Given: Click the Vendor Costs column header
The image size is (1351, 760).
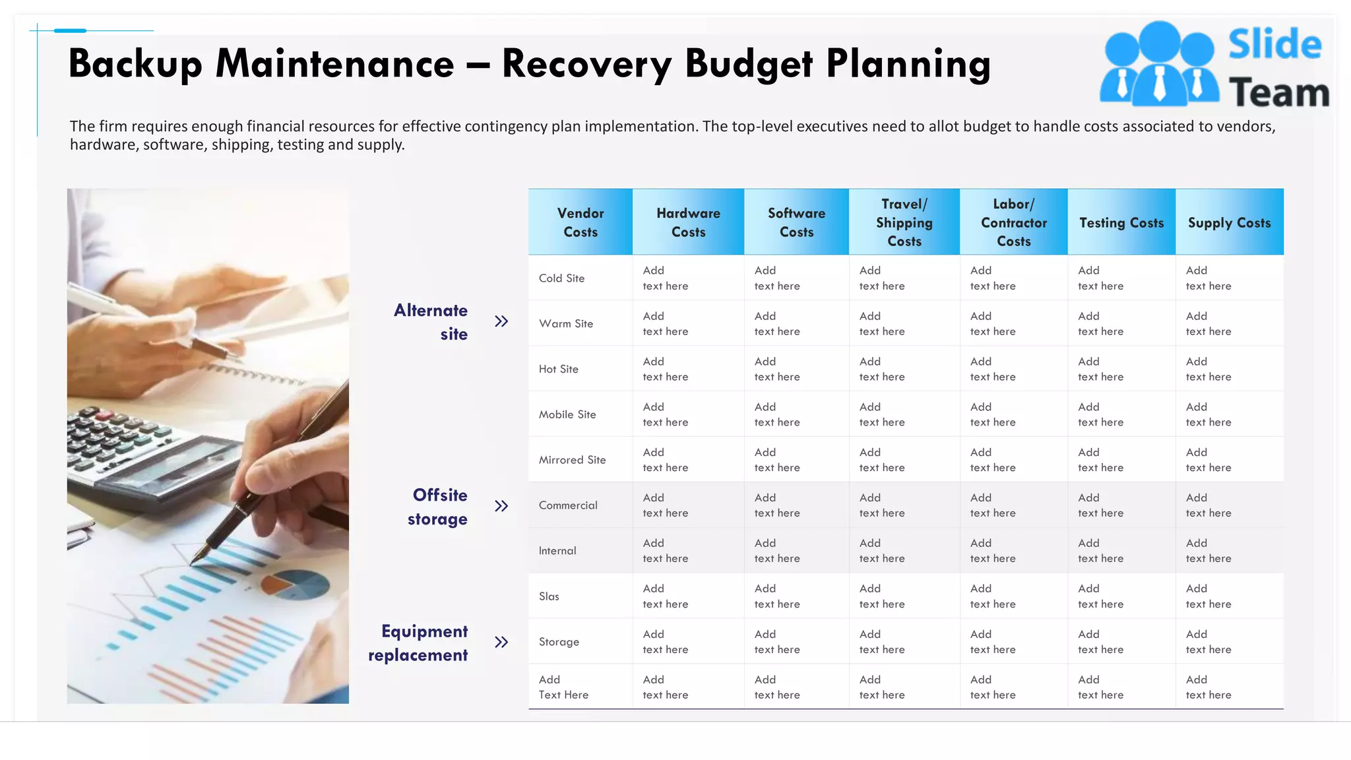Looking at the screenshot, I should click(x=581, y=222).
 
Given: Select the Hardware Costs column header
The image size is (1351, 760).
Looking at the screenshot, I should click(x=688, y=222).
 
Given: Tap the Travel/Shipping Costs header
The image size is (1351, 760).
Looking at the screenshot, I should click(x=904, y=222).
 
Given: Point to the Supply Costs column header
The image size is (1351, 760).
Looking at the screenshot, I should click(x=1229, y=223).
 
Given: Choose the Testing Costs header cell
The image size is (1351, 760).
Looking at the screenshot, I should click(x=1121, y=223).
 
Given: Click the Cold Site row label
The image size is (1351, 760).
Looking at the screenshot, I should click(x=561, y=278).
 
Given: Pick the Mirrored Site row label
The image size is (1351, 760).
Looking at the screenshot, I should click(x=572, y=460).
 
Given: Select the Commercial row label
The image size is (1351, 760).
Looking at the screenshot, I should click(x=568, y=505).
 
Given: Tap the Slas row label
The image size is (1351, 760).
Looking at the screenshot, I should click(x=549, y=596).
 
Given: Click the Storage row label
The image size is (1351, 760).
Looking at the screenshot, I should click(x=559, y=642).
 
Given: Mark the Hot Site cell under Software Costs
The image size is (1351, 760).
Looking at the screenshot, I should click(x=777, y=369).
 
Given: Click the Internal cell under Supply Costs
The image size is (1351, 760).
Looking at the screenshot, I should click(x=1209, y=551).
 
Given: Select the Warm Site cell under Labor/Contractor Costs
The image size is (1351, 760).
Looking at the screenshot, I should click(x=993, y=324).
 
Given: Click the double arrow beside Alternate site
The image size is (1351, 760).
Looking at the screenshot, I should click(x=501, y=321).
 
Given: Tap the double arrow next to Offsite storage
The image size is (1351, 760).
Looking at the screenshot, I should click(x=501, y=506).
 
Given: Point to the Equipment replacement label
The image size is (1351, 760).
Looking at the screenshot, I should click(x=418, y=643).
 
